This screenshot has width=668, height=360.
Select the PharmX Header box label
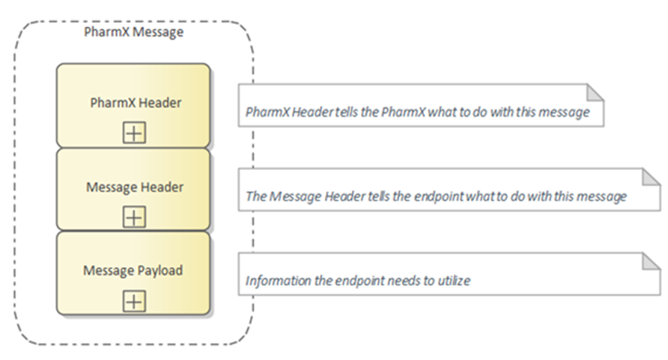point(135,103)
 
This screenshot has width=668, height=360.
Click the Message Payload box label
point(133,270)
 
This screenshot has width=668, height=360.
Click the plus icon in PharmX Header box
point(134,133)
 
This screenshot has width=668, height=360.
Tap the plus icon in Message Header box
point(134,217)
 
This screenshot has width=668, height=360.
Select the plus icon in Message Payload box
point(134,301)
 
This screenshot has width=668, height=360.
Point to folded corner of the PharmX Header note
point(595,92)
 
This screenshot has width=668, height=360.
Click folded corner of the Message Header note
point(652,177)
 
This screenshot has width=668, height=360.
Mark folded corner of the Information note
point(652,261)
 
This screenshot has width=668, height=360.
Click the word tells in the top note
point(345,113)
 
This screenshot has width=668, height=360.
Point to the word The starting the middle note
point(255,198)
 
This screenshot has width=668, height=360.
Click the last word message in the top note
point(570,113)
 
